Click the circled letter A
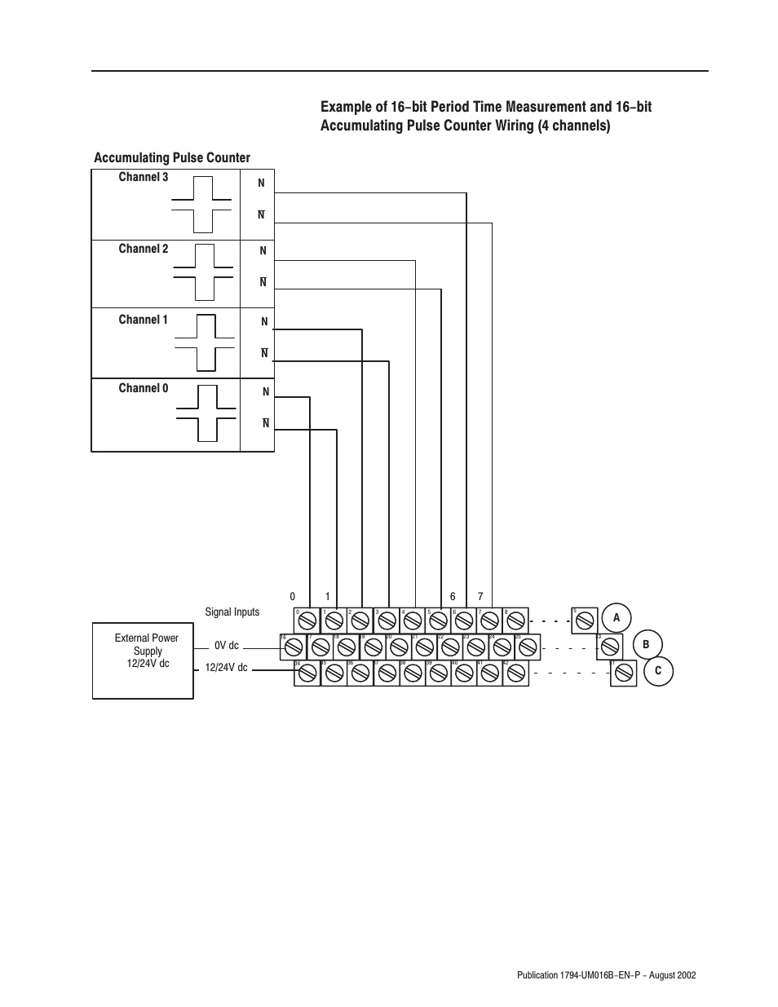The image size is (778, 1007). [x=617, y=618]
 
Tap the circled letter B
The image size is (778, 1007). [x=646, y=645]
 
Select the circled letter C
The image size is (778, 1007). [x=658, y=671]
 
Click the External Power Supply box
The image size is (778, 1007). [x=143, y=660]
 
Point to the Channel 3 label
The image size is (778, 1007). [x=144, y=177]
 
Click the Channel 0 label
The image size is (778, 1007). [x=144, y=388]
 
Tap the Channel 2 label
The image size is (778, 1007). [x=144, y=249]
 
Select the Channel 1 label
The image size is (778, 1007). [x=144, y=320]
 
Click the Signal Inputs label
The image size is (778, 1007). [x=232, y=612]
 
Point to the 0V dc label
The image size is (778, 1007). [x=227, y=646]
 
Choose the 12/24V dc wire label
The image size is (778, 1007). [x=226, y=668]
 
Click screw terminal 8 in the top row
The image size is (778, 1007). [x=515, y=621]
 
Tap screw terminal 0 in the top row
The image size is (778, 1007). [x=307, y=621]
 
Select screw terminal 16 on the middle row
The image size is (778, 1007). [x=294, y=647]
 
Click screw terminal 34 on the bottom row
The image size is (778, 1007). [x=307, y=674]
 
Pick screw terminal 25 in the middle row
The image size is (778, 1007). [x=528, y=647]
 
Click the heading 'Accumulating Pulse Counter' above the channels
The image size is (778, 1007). [x=172, y=157]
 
